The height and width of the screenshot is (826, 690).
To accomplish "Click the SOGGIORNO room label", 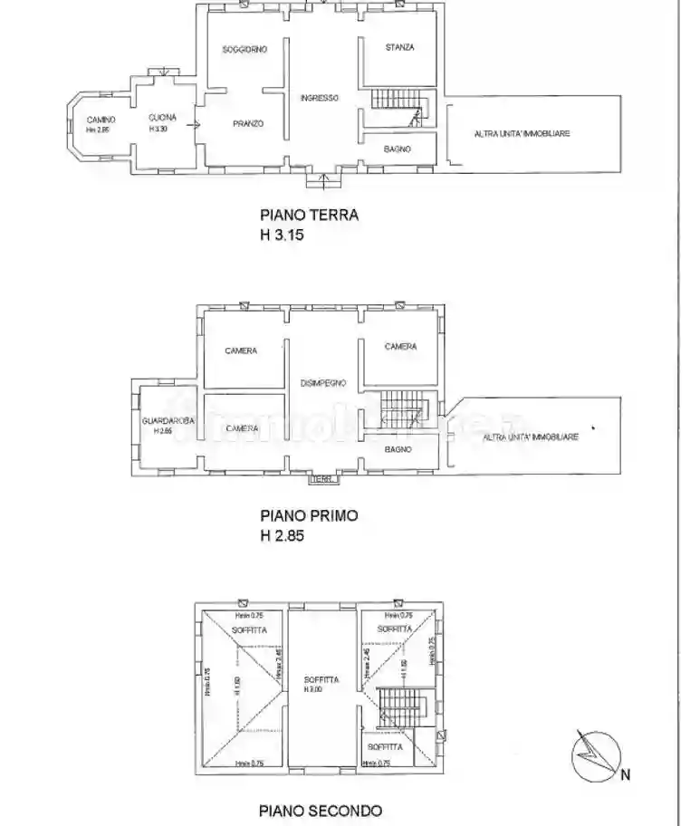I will (x=245, y=50).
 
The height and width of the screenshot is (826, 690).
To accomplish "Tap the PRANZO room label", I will (x=246, y=123).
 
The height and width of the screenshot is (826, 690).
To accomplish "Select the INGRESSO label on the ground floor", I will (x=320, y=98).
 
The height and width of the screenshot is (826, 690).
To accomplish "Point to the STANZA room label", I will (x=399, y=47).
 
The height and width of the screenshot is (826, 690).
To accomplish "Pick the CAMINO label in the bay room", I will (x=101, y=120).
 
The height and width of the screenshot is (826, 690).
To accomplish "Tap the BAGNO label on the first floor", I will (x=398, y=449).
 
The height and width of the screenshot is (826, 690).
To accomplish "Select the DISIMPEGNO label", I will (x=321, y=383).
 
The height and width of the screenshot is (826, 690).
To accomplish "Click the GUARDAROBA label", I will (x=163, y=421).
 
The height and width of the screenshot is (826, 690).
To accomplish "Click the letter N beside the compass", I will (x=625, y=774).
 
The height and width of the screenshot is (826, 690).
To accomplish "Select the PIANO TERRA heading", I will (x=309, y=216).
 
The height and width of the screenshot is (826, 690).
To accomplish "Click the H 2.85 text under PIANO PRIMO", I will (x=283, y=534).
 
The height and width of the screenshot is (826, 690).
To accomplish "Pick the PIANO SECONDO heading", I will (x=320, y=811).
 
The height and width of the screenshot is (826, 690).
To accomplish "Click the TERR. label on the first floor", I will (x=323, y=478).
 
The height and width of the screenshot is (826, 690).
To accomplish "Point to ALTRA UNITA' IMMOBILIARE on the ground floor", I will (x=522, y=134).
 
